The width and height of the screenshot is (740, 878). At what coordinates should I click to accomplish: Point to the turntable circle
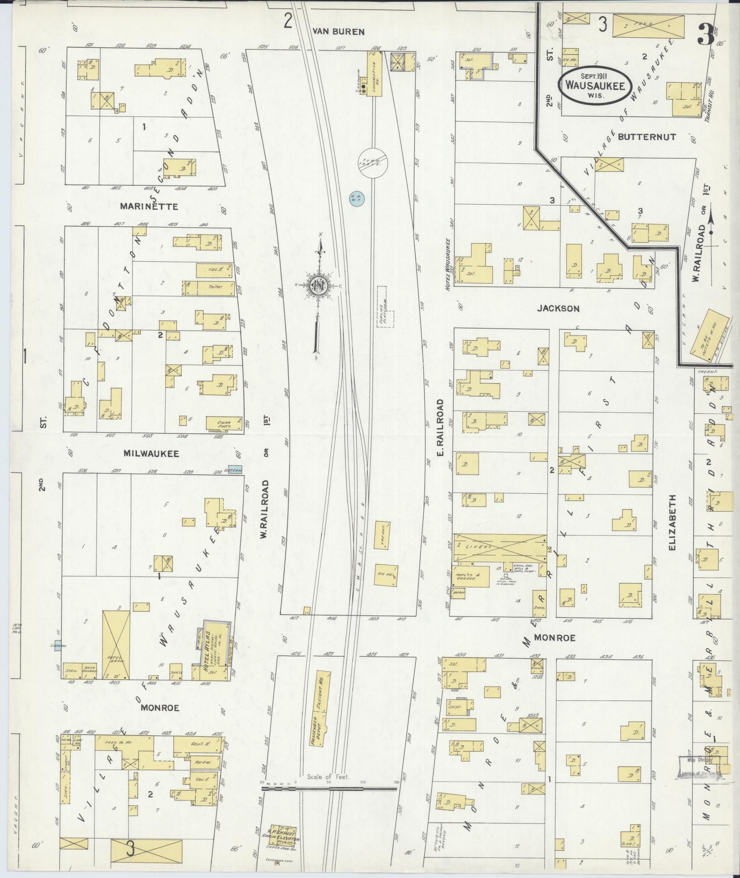(x=374, y=162)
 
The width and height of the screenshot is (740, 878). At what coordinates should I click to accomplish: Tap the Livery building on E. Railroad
(x=500, y=548)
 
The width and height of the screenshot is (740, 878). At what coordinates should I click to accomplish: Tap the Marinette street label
(x=143, y=206)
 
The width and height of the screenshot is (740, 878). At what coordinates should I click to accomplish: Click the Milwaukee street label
(x=145, y=453)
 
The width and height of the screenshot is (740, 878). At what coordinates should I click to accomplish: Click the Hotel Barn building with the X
(x=116, y=644)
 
